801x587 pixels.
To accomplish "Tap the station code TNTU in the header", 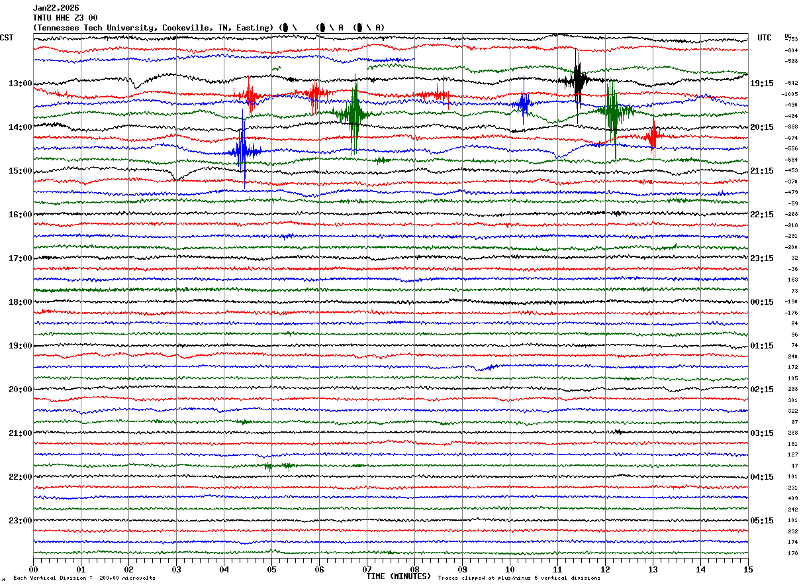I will coord(42,18).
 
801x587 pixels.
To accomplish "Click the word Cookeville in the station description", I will coord(184,28).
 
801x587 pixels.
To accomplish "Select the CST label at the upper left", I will coord(7,38).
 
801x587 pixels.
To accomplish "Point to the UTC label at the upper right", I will coord(765,38).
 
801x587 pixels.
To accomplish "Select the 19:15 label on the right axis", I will coord(762,83).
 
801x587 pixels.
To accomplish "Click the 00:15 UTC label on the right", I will coord(762,302).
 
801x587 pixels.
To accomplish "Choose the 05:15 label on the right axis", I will coord(762,521).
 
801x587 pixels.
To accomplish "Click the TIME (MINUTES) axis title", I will coord(399,576).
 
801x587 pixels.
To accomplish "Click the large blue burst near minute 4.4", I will coord(243,150).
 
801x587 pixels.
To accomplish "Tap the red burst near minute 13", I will coord(653,136).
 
